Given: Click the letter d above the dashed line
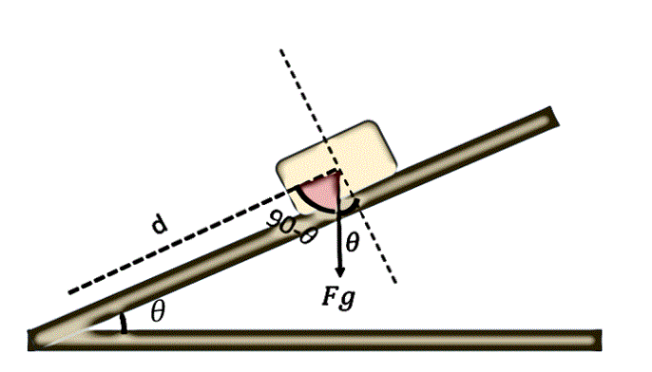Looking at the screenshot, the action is (160, 225).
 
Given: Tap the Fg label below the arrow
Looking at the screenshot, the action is (339, 297).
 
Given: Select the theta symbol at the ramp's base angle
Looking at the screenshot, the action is (158, 311).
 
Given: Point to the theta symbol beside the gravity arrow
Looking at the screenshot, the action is (352, 243).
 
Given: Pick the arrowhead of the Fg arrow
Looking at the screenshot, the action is (340, 272).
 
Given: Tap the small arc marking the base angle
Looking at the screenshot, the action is (124, 324).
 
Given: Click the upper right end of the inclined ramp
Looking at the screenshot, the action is (554, 116).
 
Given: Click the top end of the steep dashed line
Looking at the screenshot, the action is (281, 50).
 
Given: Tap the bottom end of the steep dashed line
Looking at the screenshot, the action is (394, 283).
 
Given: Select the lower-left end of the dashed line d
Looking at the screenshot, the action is (70, 292).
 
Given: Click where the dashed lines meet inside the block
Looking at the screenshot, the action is (341, 171).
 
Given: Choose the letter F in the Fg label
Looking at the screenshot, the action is (331, 296).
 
